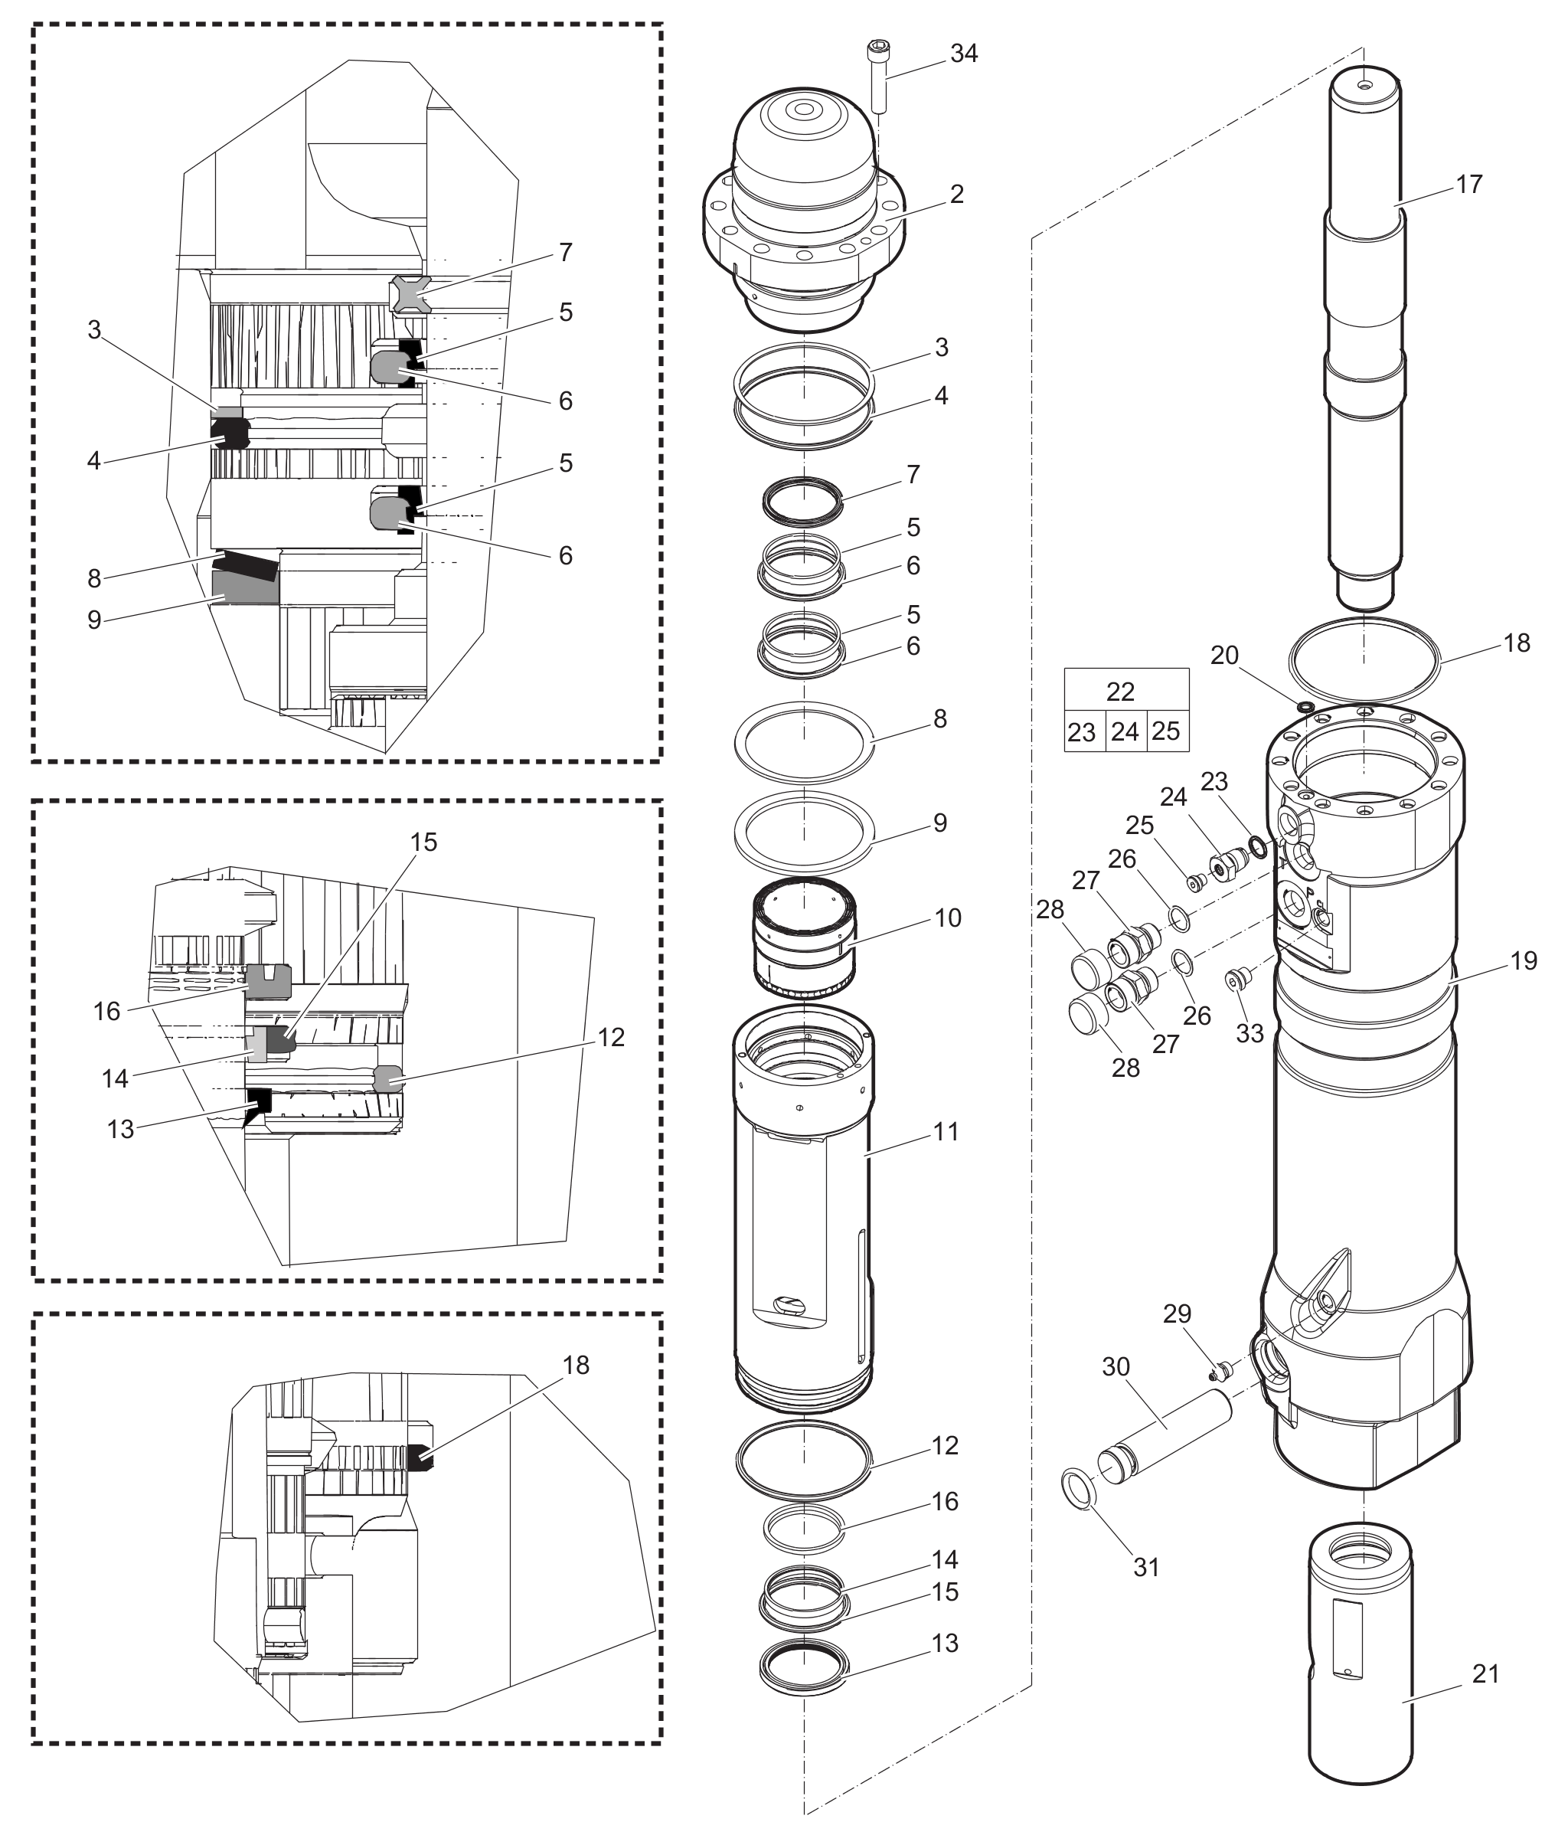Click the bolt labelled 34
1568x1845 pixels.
tap(879, 77)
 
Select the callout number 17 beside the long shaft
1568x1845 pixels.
tap(1469, 184)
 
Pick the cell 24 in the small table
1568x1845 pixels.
tap(1125, 731)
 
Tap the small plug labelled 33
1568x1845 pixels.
tap(1236, 979)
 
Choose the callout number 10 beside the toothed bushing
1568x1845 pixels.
tap(949, 918)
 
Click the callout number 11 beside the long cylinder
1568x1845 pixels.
tap(946, 1132)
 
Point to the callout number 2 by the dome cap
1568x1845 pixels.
tap(956, 194)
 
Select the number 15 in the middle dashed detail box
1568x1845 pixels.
tap(424, 842)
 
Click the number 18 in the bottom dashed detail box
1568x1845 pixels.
tap(576, 1365)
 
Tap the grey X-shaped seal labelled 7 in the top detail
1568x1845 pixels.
tap(410, 294)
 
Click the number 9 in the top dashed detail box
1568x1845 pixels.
tap(94, 620)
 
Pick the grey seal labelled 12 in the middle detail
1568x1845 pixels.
tap(387, 1078)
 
